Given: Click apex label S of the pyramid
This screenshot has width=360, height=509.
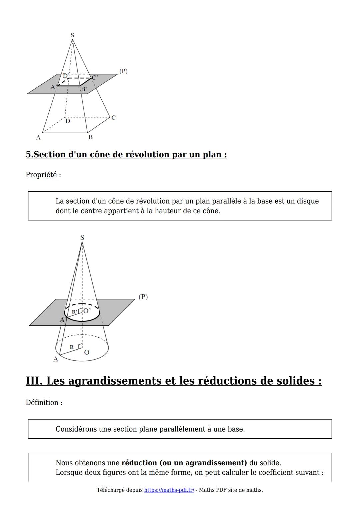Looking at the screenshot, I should click(x=72, y=35).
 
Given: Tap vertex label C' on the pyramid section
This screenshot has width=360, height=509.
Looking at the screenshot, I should click(x=95, y=78).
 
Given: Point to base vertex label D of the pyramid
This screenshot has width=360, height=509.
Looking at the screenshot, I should click(x=68, y=121).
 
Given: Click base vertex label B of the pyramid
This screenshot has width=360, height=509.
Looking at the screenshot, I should click(x=90, y=137).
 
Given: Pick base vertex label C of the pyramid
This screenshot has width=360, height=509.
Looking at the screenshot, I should click(x=114, y=118).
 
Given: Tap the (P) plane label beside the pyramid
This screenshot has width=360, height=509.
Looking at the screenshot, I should click(x=123, y=71).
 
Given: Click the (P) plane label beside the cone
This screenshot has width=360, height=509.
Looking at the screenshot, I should click(x=143, y=297).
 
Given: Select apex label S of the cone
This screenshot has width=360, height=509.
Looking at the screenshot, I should click(x=82, y=237).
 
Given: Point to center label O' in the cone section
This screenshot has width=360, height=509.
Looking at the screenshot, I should click(x=87, y=311).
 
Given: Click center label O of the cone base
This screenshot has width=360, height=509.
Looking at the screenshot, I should click(x=87, y=352).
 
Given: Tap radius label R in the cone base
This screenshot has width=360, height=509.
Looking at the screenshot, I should click(x=71, y=347).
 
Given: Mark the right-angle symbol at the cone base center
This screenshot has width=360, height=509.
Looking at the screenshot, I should click(x=80, y=346).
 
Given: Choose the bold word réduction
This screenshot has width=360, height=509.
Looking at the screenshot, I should click(x=139, y=463).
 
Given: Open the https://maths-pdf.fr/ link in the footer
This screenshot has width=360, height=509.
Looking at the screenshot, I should click(x=169, y=490).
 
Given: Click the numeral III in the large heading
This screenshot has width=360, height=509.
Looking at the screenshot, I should click(x=34, y=381).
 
